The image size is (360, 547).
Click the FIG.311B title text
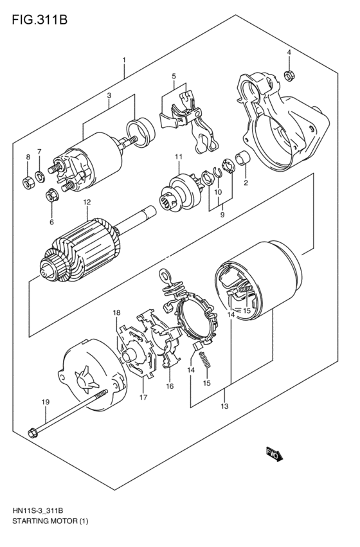pyautogui.click(x=39, y=20)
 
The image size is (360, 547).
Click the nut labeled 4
pyautogui.click(x=289, y=75)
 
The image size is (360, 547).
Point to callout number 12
pyautogui.click(x=87, y=202)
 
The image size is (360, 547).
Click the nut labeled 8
pyautogui.click(x=28, y=182)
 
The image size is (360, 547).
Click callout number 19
pyautogui.click(x=46, y=402)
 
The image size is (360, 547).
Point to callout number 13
pyautogui.click(x=224, y=406)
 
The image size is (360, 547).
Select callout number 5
pyautogui.click(x=174, y=76)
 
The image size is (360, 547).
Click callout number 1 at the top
pyautogui.click(x=124, y=60)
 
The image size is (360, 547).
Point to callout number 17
pyautogui.click(x=143, y=397)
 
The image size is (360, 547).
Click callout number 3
pyautogui.click(x=109, y=95)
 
